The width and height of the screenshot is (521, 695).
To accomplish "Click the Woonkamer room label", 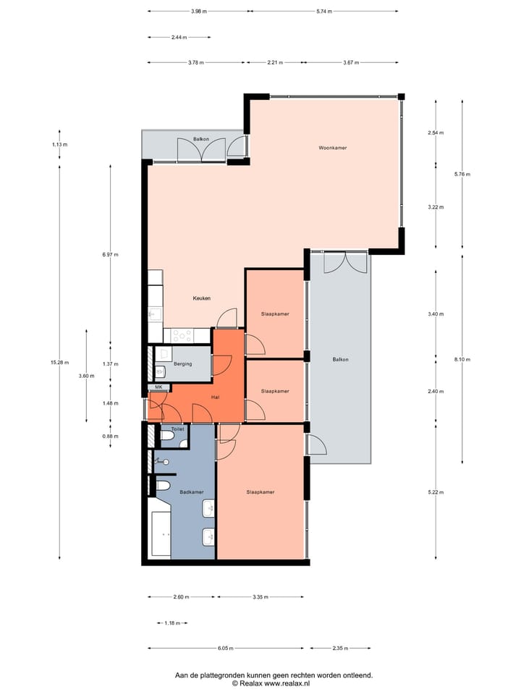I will pos(333,148).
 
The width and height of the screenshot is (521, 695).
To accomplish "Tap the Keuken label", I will pos(201,298).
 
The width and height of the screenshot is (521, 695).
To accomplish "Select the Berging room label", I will pos(182,363).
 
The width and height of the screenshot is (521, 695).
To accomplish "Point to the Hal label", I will pos(215,397).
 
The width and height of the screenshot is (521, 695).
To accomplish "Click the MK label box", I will pos(158,387).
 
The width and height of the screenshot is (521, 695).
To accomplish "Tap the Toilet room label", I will pos(177,429).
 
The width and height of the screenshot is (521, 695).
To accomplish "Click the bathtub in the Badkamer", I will pos(161,534).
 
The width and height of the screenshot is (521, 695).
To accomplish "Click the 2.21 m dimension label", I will pos(275,63).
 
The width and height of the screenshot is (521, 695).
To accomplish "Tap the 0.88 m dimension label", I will pos(110,437).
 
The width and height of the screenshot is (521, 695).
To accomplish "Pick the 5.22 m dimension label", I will pos(435,492).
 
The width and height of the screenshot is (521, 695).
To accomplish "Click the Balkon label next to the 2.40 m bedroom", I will pos(340,360).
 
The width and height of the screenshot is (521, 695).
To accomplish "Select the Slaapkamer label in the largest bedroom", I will pos(260,492).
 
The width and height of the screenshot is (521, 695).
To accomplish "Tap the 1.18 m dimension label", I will pos(171,623).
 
